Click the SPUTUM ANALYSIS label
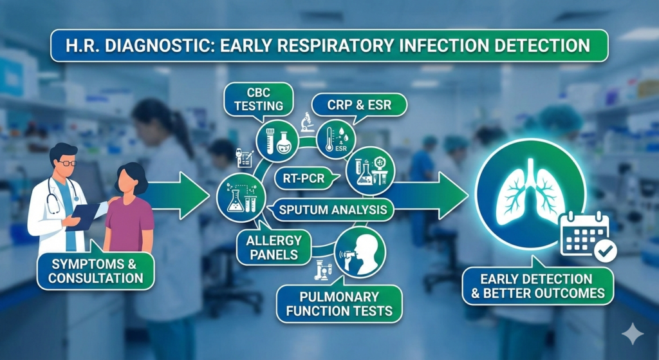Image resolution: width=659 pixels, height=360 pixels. [x=328, y=209]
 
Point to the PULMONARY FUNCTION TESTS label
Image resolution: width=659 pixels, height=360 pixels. [x=339, y=303]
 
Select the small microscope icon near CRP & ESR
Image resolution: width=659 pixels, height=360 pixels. [x=307, y=122]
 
